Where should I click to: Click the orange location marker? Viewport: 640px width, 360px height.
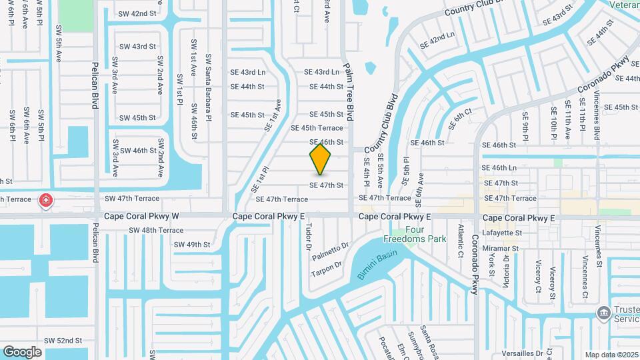point(321,159)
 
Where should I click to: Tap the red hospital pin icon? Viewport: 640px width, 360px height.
point(45,199)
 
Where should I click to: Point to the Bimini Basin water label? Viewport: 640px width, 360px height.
point(377,264)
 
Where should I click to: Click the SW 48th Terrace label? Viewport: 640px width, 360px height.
point(156,230)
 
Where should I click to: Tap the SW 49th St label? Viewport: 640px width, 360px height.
point(192,245)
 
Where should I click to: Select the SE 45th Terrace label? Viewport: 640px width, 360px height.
point(317,128)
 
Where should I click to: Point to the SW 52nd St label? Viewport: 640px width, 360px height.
point(63,341)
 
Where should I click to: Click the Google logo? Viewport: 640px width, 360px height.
point(22,351)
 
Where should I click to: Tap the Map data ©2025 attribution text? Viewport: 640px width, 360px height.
point(611,355)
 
